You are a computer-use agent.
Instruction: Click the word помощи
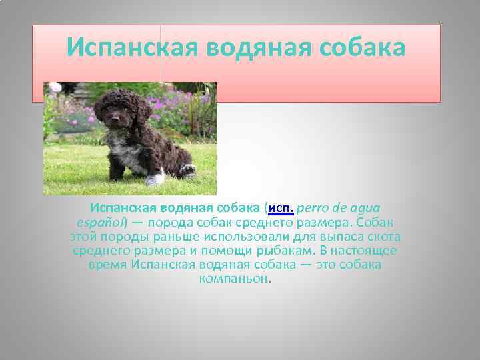[223, 251]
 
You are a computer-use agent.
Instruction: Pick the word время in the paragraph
[107, 265]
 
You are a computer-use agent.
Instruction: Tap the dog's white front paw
[155, 179]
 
